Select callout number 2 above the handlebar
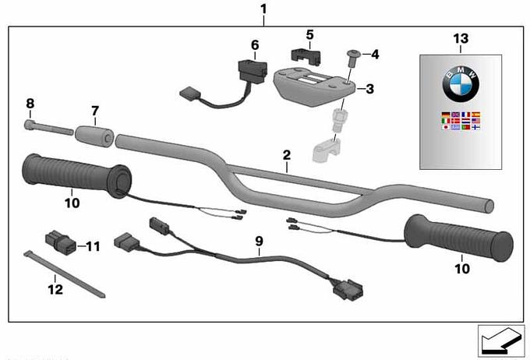point(286,156)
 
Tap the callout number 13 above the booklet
point(461,39)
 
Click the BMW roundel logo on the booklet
point(461,83)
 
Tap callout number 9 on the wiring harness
point(259,242)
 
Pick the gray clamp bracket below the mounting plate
point(328,148)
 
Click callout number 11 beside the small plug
point(93,246)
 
